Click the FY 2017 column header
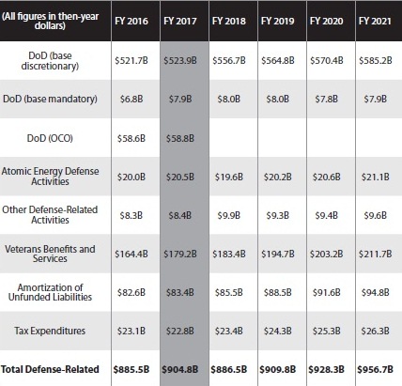(x=180, y=21)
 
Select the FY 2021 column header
(x=375, y=21)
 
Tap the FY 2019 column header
(x=278, y=21)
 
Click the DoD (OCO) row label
(x=50, y=138)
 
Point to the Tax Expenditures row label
(x=50, y=331)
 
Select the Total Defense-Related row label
(x=50, y=369)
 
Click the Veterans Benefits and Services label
(x=50, y=254)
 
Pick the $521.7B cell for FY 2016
(x=131, y=60)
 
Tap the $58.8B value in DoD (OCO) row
(x=180, y=138)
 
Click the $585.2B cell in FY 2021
(x=376, y=60)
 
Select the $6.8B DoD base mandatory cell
(x=131, y=99)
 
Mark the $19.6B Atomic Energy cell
(x=229, y=177)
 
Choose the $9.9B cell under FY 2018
(x=229, y=215)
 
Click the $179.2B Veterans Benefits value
(x=180, y=254)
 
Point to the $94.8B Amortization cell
(x=376, y=292)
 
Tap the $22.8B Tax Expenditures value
(x=180, y=331)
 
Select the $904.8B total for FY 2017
(x=180, y=369)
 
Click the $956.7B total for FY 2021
(x=376, y=369)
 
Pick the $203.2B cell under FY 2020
(x=327, y=254)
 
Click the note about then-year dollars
(x=50, y=21)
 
